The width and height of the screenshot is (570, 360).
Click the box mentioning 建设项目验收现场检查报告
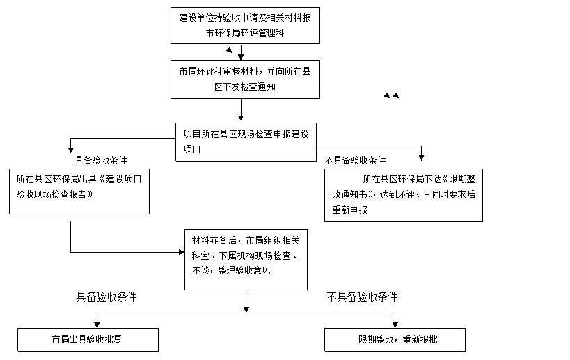[x=79, y=190]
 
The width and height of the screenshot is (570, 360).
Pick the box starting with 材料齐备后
[x=245, y=260]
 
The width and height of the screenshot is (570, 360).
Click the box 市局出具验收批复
[x=88, y=341]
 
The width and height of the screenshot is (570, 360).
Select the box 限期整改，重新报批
[x=395, y=341]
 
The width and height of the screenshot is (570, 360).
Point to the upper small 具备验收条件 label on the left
[x=101, y=159]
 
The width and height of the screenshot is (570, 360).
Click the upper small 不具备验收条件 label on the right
[x=355, y=159]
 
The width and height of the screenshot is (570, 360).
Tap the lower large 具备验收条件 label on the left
[x=106, y=297]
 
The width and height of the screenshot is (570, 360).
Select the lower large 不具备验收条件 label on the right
[x=362, y=297]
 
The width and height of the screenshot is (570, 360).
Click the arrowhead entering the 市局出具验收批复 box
[x=97, y=325]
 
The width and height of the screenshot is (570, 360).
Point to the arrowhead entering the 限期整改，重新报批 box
[x=395, y=325]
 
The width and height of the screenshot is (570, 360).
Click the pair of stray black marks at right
[x=391, y=95]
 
